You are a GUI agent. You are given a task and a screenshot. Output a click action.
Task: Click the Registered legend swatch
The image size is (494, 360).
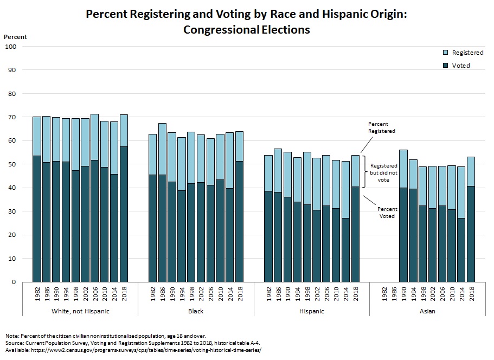pos(446,53)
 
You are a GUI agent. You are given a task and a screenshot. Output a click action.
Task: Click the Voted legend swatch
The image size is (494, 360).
pos(446,66)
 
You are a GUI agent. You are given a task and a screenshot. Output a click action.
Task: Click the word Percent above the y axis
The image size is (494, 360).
pos(15,37)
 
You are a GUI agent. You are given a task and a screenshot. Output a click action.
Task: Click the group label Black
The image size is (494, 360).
pos(196,311)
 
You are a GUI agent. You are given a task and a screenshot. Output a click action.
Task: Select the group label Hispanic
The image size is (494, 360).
pos(312,311)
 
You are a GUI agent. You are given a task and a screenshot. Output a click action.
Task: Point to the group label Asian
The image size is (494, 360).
pos(427,311)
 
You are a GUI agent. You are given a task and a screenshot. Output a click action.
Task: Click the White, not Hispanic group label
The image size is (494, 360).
pos(80,311)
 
